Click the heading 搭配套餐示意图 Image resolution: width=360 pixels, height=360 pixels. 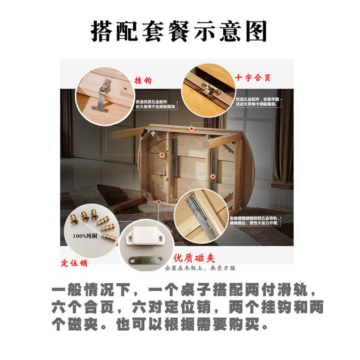pyautogui.click(x=180, y=31)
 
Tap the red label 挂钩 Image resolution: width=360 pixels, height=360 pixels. pyautogui.click(x=143, y=81)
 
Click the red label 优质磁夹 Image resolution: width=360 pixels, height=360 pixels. pyautogui.click(x=194, y=258)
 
